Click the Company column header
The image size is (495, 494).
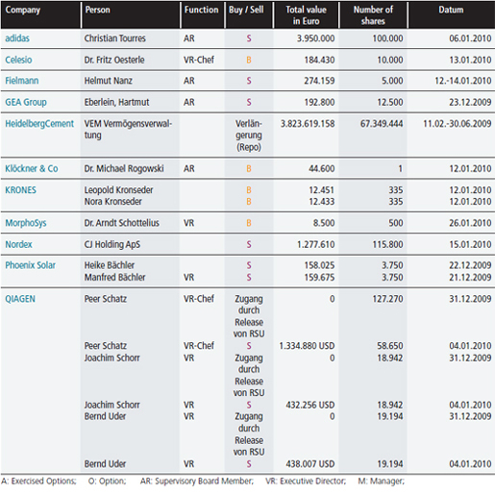coord(23,11)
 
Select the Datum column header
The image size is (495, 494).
coord(451,10)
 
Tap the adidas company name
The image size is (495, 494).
coord(17,38)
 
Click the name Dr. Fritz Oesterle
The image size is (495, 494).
coord(114,60)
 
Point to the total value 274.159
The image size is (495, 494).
coord(319,81)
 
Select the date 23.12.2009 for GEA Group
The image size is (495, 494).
coord(470,102)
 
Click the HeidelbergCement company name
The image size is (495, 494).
coord(39,124)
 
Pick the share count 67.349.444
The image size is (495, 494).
coord(382,124)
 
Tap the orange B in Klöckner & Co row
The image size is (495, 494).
coord(249,169)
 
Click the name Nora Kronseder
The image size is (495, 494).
coord(113,202)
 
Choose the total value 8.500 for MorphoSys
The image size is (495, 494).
coord(324,223)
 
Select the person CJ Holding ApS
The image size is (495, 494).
coord(112,244)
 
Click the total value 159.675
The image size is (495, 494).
coord(319,278)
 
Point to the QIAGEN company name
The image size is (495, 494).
coord(20,299)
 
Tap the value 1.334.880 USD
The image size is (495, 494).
coord(307,346)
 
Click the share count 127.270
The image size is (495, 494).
coord(387,299)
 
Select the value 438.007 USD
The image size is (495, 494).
coord(310,464)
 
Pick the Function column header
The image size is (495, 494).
coord(201,10)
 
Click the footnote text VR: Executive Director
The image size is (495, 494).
coord(306,482)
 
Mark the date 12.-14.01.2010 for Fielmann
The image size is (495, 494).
coord(463,81)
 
